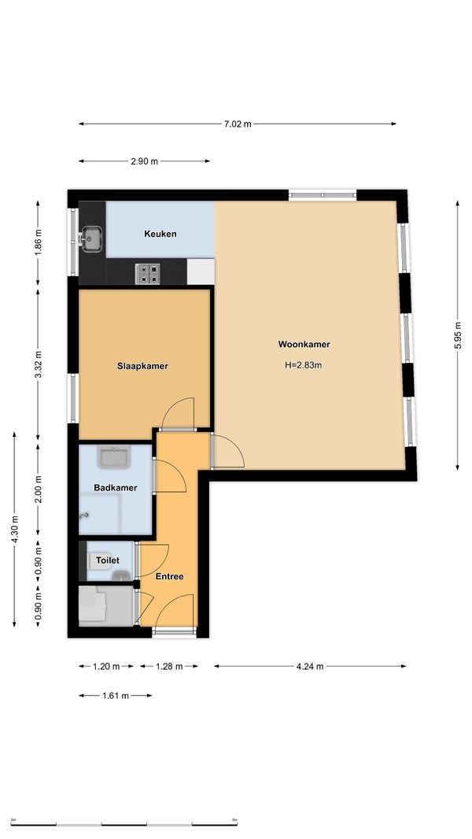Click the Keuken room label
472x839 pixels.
click(x=160, y=234)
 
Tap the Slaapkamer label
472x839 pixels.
click(x=142, y=367)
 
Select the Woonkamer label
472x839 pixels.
click(x=304, y=345)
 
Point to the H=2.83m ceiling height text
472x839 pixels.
click(x=303, y=366)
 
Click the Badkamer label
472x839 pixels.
click(x=116, y=488)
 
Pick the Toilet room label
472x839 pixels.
click(x=108, y=560)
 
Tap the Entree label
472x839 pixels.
click(x=169, y=576)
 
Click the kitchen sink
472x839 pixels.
click(x=91, y=238)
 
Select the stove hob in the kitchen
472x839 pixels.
click(x=148, y=274)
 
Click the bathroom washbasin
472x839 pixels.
click(x=113, y=458)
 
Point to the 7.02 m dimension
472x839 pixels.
click(x=238, y=124)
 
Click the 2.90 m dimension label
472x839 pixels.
click(x=144, y=161)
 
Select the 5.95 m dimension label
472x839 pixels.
click(x=458, y=335)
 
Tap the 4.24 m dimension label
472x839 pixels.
click(x=310, y=667)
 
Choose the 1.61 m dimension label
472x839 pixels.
click(x=115, y=696)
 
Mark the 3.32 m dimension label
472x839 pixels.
click(x=38, y=365)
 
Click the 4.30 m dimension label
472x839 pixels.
click(x=14, y=530)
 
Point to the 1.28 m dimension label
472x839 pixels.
click(x=169, y=667)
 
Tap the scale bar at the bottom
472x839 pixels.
click(x=124, y=825)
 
